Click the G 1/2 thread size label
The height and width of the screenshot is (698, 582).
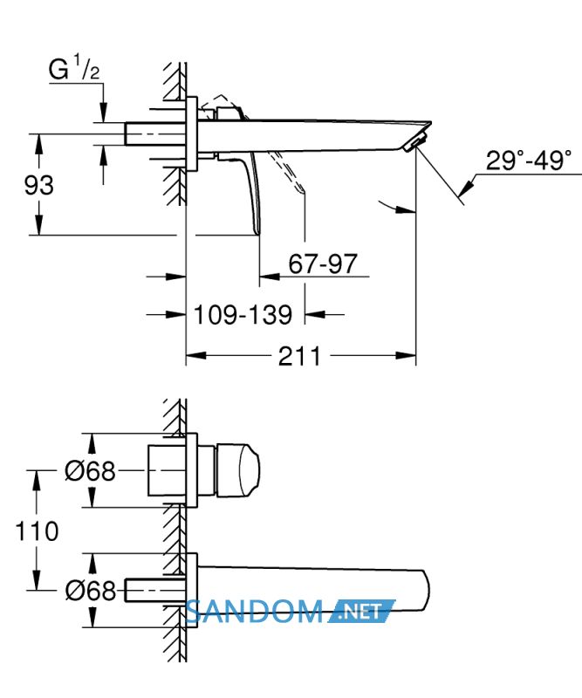(74, 67)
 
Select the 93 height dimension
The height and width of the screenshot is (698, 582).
(38, 185)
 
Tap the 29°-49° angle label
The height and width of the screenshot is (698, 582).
(529, 161)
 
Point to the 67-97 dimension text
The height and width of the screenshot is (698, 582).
(323, 263)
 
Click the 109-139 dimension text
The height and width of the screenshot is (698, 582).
(243, 315)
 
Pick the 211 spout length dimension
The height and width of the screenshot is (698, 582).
(299, 356)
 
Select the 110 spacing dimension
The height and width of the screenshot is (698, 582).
(37, 531)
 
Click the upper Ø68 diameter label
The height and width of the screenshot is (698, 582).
(90, 470)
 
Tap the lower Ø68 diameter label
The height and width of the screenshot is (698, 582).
(91, 591)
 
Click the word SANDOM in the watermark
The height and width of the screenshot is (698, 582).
(253, 612)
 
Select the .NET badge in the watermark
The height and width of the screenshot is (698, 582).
(361, 612)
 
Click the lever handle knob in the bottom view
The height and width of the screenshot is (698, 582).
(238, 469)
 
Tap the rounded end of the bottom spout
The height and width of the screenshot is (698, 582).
(424, 592)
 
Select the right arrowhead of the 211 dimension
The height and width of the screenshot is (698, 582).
(406, 355)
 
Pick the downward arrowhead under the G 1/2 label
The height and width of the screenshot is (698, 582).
(103, 113)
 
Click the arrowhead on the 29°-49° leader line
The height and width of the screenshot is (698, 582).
(465, 188)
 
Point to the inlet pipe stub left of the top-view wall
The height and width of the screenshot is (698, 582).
(155, 133)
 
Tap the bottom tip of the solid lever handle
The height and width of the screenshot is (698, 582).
(257, 232)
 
